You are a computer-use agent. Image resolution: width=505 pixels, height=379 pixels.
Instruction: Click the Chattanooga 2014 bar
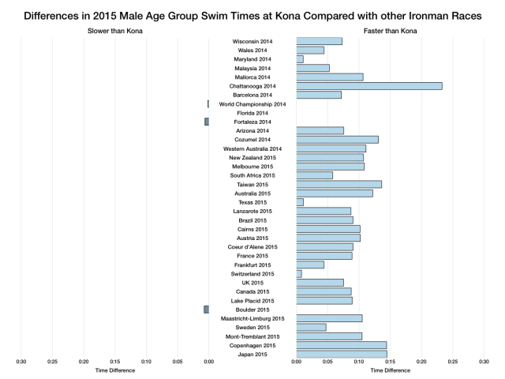pos(368,85)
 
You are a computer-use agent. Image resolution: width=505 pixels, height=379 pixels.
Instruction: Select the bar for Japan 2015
pos(341,355)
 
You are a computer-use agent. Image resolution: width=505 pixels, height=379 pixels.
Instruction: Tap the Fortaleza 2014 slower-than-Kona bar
pos(207,122)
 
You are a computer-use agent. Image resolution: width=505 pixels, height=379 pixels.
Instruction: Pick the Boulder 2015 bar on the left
pos(206,310)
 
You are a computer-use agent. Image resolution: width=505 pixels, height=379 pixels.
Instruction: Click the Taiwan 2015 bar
pos(339,184)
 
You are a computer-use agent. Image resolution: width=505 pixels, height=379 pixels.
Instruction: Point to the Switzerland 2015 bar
pos(299,274)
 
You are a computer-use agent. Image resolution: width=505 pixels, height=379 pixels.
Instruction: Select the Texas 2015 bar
pos(300,202)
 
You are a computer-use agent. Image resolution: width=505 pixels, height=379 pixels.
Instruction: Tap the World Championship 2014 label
pos(252,103)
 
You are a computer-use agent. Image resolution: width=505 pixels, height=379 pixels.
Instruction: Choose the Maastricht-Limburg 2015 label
pos(252,318)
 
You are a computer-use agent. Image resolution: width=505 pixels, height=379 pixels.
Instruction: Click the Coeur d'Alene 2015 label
pos(252,247)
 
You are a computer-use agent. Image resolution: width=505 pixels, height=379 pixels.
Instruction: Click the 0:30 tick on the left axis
pos(21,362)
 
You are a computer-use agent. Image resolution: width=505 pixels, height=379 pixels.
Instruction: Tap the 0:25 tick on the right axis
pos(453,362)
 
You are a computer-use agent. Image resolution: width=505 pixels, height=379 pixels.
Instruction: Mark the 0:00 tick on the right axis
pos(296,362)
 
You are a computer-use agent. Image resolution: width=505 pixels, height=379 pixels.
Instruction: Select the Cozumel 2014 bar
pos(337,140)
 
